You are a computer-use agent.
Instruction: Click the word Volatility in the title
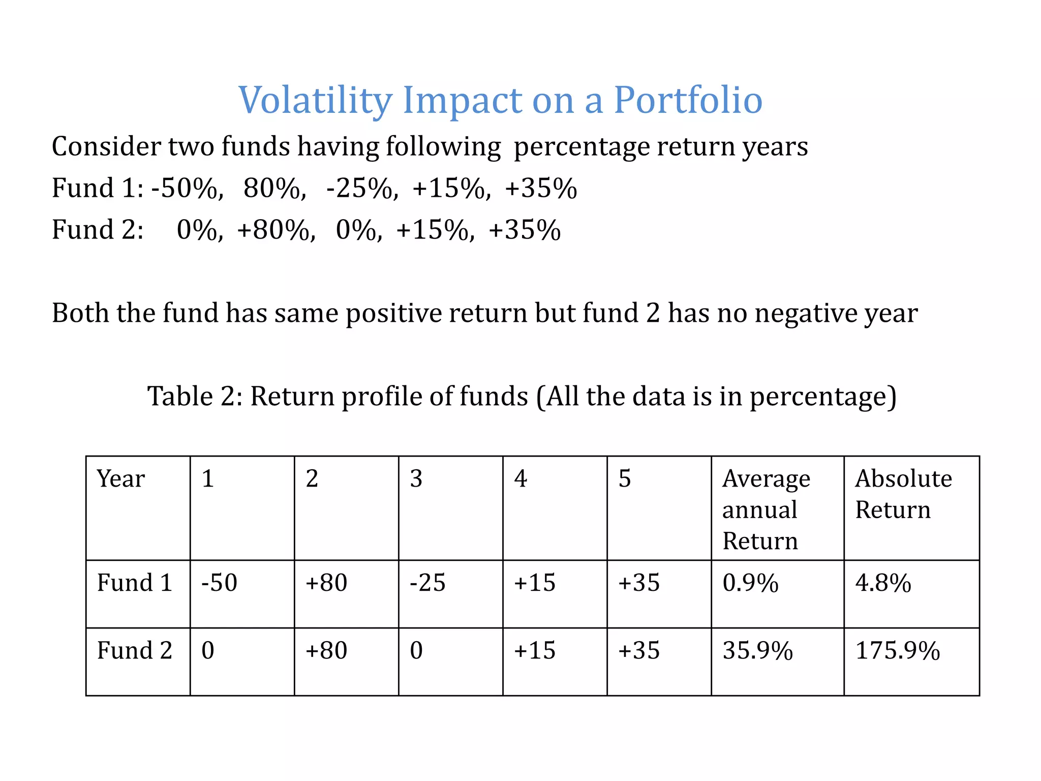[315, 100]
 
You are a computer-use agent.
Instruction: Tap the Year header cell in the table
[121, 479]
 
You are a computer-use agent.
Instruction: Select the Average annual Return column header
[766, 509]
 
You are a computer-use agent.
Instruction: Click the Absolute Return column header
[903, 494]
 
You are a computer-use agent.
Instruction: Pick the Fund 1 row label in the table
[135, 583]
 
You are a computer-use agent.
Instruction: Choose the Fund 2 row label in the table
[135, 650]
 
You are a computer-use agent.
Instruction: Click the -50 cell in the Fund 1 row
[220, 583]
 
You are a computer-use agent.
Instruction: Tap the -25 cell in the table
[427, 583]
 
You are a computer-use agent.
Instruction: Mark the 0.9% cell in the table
[750, 583]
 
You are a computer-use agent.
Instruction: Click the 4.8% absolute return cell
[883, 583]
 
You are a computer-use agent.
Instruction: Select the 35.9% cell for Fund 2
[757, 650]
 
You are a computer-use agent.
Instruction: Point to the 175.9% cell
[897, 650]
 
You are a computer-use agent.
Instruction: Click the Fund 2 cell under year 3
[416, 650]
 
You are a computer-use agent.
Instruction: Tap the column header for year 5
[625, 479]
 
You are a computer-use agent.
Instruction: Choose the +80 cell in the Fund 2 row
[326, 650]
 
